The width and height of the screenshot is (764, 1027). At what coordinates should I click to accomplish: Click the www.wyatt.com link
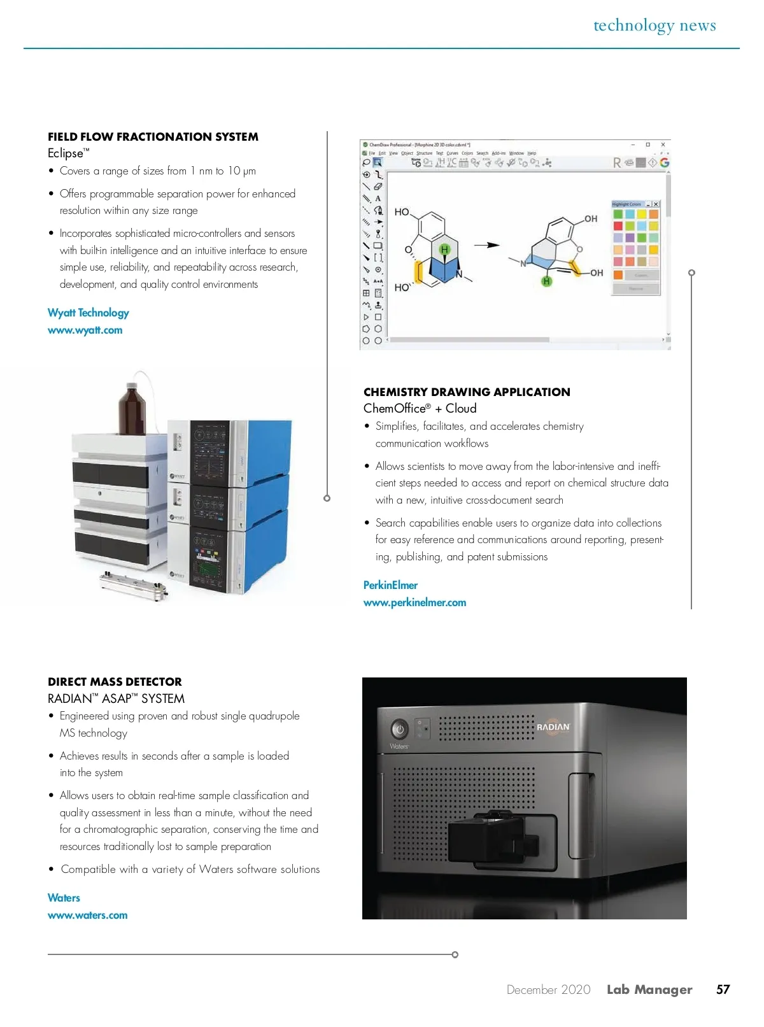tap(85, 330)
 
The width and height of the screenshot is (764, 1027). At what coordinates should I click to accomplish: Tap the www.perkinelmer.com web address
tap(414, 602)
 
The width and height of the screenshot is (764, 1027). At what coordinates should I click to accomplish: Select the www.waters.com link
tap(88, 915)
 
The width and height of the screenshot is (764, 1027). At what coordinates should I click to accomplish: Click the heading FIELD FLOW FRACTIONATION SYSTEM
tap(153, 137)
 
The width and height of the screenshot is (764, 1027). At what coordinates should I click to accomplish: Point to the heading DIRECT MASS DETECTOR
tap(115, 682)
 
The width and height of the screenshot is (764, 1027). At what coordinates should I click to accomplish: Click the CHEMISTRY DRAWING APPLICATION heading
tap(467, 392)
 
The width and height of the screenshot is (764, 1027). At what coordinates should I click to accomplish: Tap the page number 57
tap(723, 989)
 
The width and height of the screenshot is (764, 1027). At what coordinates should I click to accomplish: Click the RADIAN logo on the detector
tap(553, 727)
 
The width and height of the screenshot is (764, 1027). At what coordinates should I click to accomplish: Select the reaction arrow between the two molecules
tap(486, 244)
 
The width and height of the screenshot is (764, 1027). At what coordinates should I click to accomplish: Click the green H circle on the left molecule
tap(444, 249)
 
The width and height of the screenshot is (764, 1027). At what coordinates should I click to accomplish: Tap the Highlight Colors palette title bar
tap(628, 204)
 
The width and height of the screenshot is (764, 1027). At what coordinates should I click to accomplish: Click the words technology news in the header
tap(654, 25)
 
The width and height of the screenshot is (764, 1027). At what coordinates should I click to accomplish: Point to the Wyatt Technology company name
tap(88, 313)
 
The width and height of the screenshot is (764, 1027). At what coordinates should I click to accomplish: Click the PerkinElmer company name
tap(390, 585)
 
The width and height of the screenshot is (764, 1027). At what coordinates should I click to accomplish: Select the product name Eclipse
tap(66, 153)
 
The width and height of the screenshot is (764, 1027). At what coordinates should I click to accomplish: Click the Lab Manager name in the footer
tap(649, 989)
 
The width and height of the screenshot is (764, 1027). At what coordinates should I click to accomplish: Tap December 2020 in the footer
tap(548, 989)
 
